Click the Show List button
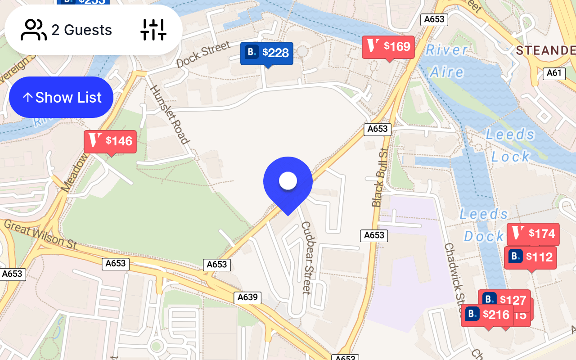point(61,97)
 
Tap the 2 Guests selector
point(67,30)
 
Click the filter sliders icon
point(153,30)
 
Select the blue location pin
point(288,182)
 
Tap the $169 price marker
point(388,46)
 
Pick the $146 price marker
point(110,141)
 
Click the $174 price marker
point(533,234)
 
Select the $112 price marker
point(531,257)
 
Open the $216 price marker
point(487,315)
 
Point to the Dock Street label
point(203,54)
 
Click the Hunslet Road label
point(169,114)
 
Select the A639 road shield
point(247,297)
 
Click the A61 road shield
point(554,73)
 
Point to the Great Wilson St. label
point(40,235)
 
